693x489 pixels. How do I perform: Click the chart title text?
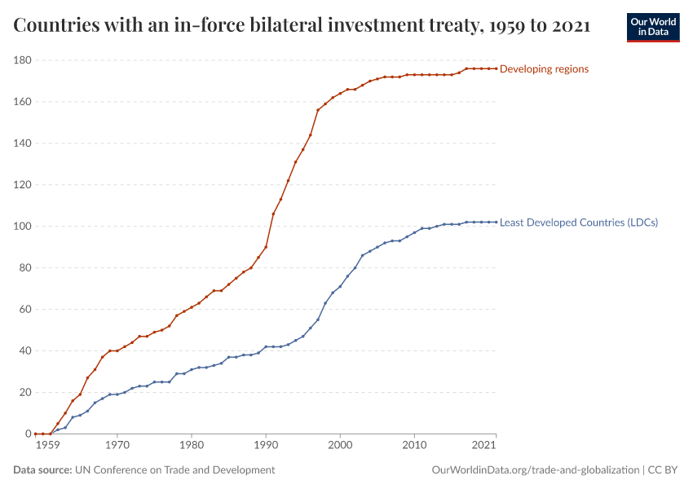pos(302,25)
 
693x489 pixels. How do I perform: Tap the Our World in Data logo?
pos(653,27)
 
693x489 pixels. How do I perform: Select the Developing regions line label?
pos(544,69)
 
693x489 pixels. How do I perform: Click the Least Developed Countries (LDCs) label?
pos(578,222)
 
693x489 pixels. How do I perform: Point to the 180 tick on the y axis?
pos(23,60)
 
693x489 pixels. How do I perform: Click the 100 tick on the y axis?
pos(23,227)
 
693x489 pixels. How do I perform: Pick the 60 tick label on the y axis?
pos(25,310)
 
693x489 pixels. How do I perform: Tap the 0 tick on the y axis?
pos(28,434)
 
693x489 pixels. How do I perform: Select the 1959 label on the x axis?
pos(48,446)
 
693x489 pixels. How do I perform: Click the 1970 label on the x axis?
pos(117,446)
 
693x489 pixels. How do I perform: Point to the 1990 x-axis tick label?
pos(266,446)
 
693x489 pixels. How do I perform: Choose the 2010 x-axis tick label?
pos(415,446)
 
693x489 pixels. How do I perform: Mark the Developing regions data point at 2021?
pos(496,68)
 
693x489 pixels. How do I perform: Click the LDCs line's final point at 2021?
pos(496,222)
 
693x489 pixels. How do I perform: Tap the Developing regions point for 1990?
pos(266,247)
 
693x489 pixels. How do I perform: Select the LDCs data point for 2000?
pos(340,287)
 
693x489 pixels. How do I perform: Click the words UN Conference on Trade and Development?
pos(174,470)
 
